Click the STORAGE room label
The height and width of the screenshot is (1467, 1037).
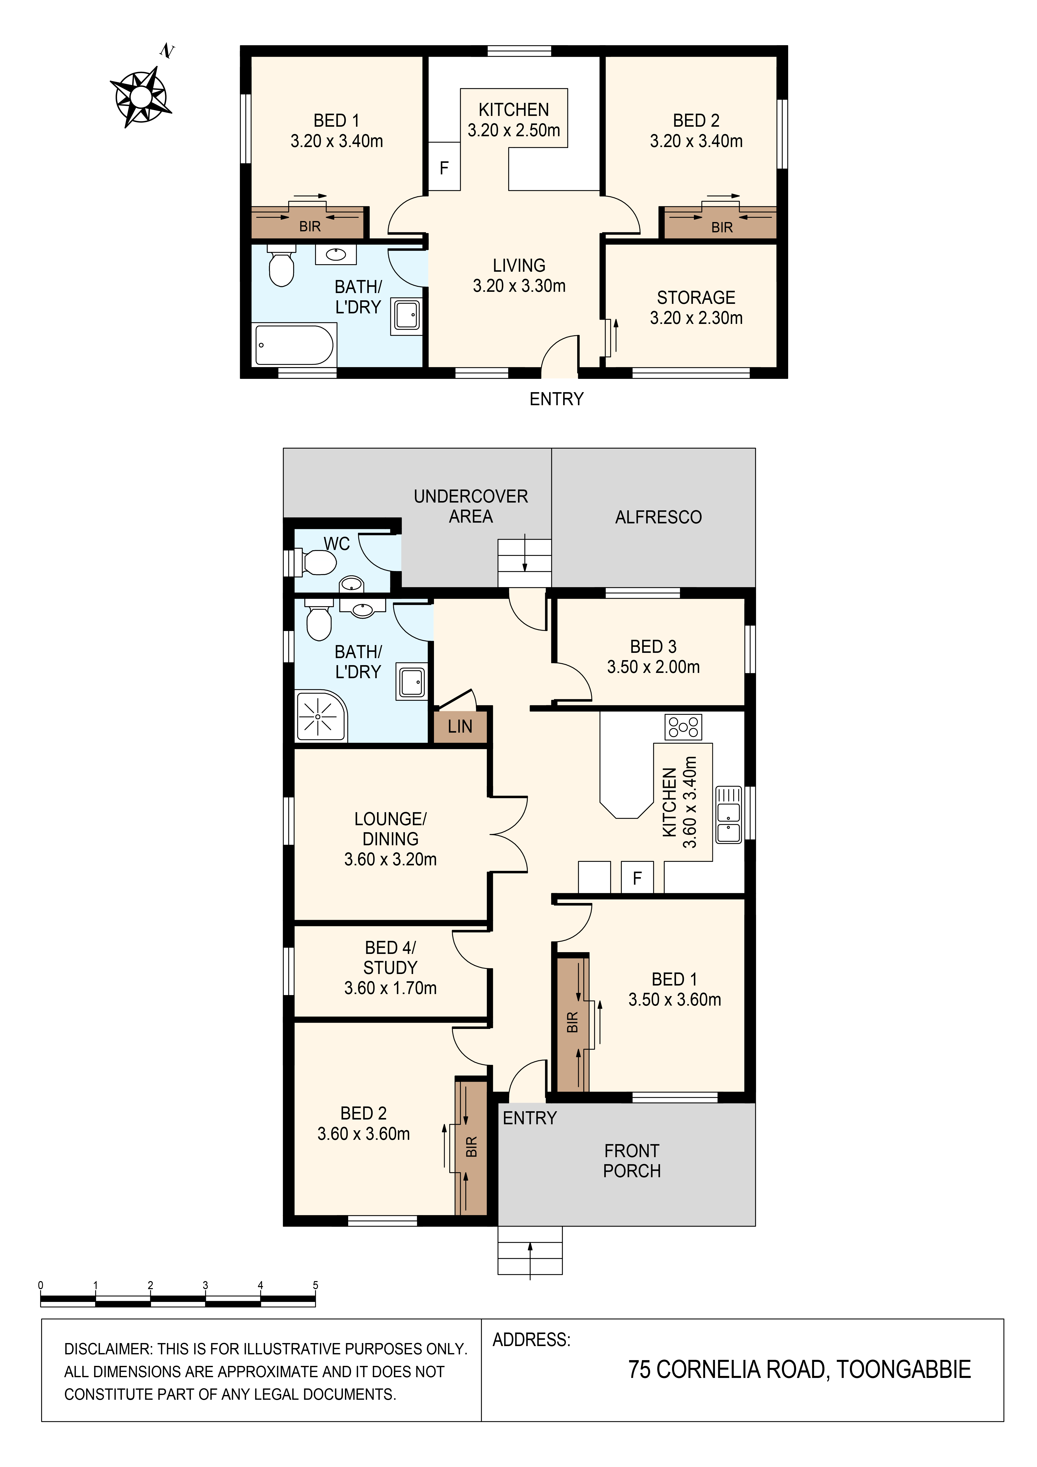coord(696,298)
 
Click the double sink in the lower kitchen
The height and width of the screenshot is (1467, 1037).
coord(728,815)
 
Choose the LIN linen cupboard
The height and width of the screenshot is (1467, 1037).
coord(460,726)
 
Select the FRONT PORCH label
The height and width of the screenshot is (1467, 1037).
coord(632,1161)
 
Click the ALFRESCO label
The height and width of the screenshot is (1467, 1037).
coord(658,517)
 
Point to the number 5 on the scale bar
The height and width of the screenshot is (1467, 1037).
coord(316,1285)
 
